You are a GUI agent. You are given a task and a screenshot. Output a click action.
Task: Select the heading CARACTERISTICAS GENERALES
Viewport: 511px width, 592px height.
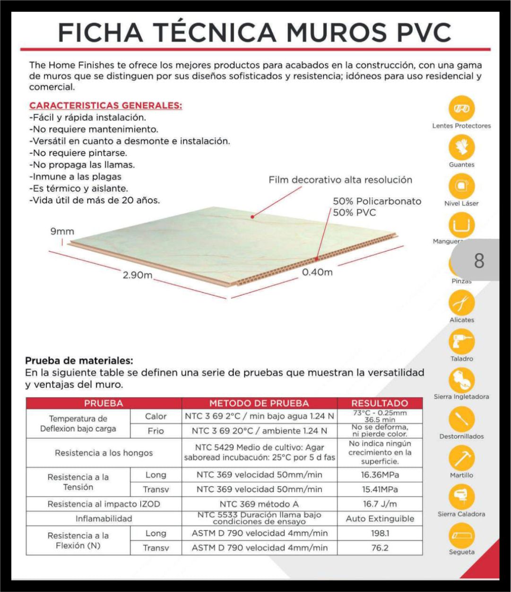105,105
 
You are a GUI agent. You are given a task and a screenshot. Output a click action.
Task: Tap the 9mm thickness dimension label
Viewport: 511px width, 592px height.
62,232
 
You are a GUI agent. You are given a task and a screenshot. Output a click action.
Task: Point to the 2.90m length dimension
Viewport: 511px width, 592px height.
137,275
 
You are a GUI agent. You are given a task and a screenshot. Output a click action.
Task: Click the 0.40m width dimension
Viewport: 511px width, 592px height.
317,272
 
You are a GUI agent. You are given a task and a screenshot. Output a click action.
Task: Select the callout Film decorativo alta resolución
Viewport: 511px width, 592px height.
340,180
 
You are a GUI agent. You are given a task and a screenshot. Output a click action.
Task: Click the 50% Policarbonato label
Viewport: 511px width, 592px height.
377,201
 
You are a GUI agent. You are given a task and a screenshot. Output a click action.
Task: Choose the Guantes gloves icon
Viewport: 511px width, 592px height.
461,148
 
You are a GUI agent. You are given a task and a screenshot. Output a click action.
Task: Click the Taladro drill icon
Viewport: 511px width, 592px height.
461,342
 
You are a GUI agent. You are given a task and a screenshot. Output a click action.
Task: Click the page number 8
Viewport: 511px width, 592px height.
478,261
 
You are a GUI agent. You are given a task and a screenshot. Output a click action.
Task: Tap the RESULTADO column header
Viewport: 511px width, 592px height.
380,403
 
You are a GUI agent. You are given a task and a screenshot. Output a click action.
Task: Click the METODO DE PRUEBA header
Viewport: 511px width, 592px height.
259,403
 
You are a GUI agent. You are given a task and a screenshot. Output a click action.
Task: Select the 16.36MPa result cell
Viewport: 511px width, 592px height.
380,475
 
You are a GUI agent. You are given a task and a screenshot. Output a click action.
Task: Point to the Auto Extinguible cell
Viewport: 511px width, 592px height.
380,519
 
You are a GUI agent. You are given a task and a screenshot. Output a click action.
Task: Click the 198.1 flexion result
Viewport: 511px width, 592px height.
380,533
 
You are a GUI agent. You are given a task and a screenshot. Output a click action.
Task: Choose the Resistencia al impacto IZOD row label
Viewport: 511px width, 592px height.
104,504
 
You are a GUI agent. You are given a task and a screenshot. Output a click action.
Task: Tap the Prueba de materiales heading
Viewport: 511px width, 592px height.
79,361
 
